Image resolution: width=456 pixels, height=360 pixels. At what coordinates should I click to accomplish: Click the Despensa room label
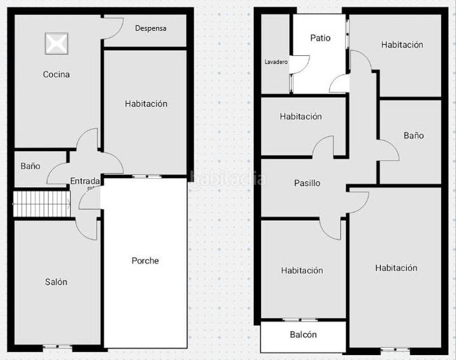click(x=151, y=28)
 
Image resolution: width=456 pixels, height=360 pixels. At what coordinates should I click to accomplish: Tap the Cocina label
click(x=56, y=74)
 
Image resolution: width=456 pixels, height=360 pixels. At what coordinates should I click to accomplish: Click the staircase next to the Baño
click(x=41, y=204)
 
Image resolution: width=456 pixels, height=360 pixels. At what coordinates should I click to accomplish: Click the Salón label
click(x=56, y=282)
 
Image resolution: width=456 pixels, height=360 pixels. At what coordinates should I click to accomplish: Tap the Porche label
click(x=145, y=260)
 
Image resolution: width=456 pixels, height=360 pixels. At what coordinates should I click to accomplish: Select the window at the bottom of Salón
click(x=58, y=346)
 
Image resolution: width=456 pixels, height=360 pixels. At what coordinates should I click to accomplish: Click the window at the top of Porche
click(x=146, y=176)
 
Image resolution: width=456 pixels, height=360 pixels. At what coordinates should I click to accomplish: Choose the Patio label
click(x=320, y=38)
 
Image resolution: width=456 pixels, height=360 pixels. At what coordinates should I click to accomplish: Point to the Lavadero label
click(x=276, y=62)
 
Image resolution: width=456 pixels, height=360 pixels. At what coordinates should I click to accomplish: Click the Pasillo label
click(x=307, y=183)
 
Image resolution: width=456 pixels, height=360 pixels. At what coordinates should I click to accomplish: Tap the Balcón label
click(x=303, y=335)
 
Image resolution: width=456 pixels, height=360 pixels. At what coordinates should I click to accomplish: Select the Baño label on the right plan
click(x=413, y=136)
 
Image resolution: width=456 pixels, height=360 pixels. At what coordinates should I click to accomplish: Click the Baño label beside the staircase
click(x=31, y=166)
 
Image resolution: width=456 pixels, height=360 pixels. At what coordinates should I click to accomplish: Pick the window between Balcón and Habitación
click(x=300, y=320)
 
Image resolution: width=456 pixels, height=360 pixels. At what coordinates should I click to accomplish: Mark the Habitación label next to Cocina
click(x=146, y=104)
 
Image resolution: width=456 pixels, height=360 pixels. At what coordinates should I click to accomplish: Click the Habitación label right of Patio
click(x=402, y=44)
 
